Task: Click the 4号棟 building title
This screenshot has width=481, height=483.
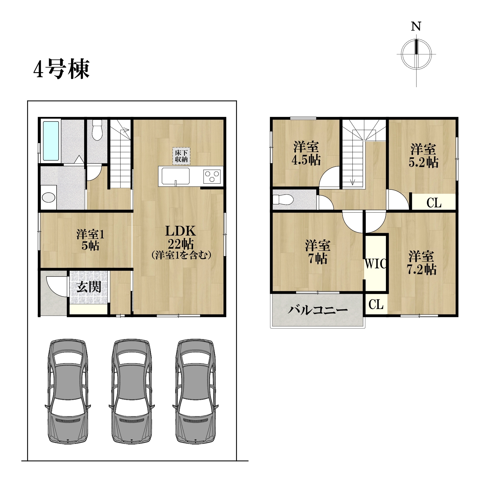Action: coord(61,69)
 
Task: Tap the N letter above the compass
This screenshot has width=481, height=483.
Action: coord(416,26)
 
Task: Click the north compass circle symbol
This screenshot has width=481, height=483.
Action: coord(416,54)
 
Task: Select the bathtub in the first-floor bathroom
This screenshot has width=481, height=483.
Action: coord(51,141)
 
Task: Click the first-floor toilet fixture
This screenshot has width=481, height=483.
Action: coord(97,130)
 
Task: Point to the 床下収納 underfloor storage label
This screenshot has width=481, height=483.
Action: coord(181,156)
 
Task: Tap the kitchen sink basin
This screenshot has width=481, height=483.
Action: coord(176,176)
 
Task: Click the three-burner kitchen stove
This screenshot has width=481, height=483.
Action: coord(212,176)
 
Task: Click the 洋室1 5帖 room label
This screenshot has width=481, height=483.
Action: coord(90,240)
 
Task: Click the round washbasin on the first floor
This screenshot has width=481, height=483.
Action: coord(48,197)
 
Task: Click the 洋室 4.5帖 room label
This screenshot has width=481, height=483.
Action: coord(306,153)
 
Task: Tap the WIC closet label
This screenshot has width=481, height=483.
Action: coord(375,264)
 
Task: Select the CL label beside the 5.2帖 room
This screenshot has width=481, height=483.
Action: coord(434,203)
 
